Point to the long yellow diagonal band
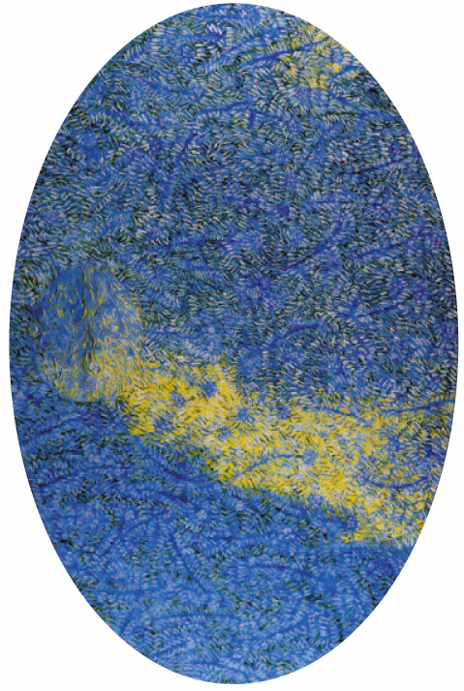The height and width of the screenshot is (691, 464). click(x=281, y=436)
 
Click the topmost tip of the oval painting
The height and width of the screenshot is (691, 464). click(x=232, y=4)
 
